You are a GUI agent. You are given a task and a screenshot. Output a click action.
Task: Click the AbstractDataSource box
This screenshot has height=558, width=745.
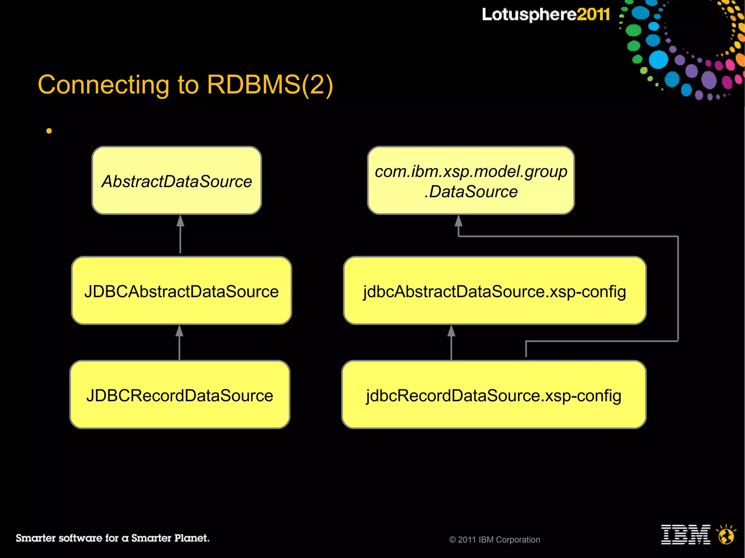tap(177, 181)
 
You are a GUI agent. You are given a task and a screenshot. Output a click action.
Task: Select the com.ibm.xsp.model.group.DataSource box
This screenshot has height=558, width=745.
tap(471, 181)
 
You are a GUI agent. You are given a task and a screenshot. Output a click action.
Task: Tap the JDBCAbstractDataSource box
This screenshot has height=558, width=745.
tap(182, 291)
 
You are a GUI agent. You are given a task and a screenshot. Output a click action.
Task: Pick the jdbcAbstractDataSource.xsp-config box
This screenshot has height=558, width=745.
tap(495, 291)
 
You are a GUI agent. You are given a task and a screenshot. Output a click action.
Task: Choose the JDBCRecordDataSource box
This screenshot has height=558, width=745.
tap(180, 395)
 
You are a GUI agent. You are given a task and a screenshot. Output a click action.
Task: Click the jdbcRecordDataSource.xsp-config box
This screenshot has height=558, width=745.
tap(494, 395)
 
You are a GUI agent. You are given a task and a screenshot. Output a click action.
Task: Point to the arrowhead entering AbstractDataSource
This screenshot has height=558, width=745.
tap(180, 221)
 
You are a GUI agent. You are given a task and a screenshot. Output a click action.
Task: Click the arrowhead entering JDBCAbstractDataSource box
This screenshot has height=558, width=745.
tap(179, 331)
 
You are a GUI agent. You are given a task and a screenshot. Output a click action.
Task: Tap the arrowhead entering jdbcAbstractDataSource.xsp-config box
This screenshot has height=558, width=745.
tap(451, 331)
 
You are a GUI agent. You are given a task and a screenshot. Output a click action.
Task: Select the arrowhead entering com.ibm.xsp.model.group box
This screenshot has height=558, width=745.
tap(459, 221)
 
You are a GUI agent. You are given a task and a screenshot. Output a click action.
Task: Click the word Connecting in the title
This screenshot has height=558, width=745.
tap(103, 85)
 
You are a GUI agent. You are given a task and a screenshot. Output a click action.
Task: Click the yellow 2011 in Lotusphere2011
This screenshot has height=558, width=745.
tap(593, 15)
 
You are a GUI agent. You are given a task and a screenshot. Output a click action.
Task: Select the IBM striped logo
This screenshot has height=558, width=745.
tap(685, 534)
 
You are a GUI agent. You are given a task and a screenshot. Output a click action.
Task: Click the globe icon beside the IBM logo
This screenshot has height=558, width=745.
tap(726, 535)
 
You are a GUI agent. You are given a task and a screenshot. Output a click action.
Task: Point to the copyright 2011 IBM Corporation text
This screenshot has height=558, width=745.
tap(495, 540)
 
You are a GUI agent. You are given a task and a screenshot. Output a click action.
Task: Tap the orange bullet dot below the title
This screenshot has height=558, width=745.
tap(49, 131)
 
